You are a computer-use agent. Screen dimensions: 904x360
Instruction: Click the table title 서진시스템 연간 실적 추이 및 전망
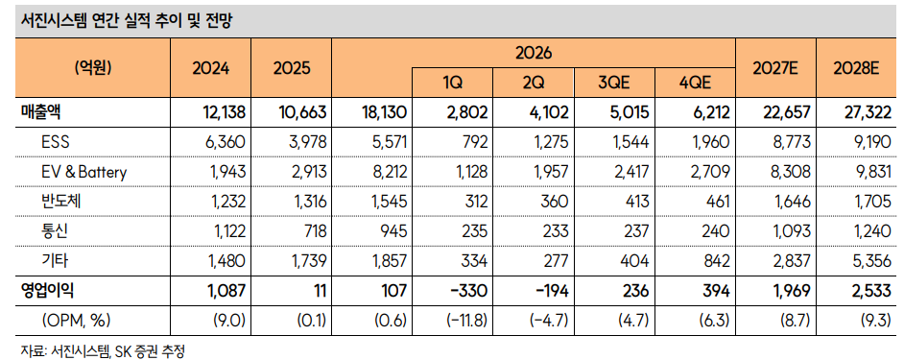click(127, 22)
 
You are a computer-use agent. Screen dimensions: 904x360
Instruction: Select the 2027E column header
click(774, 68)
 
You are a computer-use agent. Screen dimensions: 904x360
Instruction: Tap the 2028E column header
click(856, 68)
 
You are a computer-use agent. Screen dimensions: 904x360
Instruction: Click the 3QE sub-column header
click(613, 83)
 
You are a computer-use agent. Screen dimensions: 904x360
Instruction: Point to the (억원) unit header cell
click(93, 67)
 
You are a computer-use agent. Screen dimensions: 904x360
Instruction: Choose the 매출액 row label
click(36, 112)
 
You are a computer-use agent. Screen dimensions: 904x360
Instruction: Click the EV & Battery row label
click(84, 172)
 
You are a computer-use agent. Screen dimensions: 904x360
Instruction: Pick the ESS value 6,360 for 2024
click(226, 142)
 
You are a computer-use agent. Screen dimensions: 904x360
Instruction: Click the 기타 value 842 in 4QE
click(718, 261)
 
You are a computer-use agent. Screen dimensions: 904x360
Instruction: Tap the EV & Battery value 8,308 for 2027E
click(792, 172)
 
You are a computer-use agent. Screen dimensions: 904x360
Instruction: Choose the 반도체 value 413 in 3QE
click(637, 202)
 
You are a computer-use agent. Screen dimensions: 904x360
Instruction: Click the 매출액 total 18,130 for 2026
click(385, 112)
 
